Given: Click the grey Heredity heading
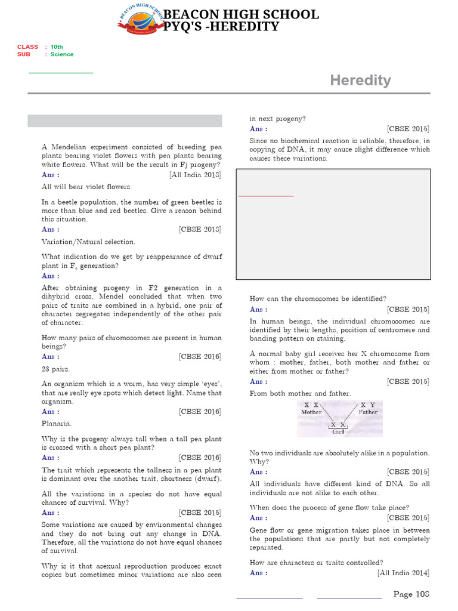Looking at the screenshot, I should click(x=360, y=81).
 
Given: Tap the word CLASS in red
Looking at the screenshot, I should click(x=27, y=47).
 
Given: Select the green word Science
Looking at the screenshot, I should click(x=62, y=54).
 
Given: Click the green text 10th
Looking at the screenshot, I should click(x=57, y=47).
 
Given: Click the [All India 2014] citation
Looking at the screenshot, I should click(x=403, y=573).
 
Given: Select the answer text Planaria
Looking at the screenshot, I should click(x=57, y=423).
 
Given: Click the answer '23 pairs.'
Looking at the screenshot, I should click(x=55, y=369).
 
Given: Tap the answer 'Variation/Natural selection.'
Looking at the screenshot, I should click(x=88, y=242).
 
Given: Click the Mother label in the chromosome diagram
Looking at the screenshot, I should click(x=311, y=412).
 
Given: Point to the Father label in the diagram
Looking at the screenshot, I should click(x=368, y=412).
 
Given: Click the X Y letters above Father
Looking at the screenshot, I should click(x=367, y=405).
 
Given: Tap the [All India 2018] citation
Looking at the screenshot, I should click(x=195, y=175).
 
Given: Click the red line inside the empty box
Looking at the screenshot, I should click(x=266, y=196).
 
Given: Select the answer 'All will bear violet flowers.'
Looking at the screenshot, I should click(x=86, y=187).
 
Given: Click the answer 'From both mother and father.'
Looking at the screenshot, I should click(x=301, y=393).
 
